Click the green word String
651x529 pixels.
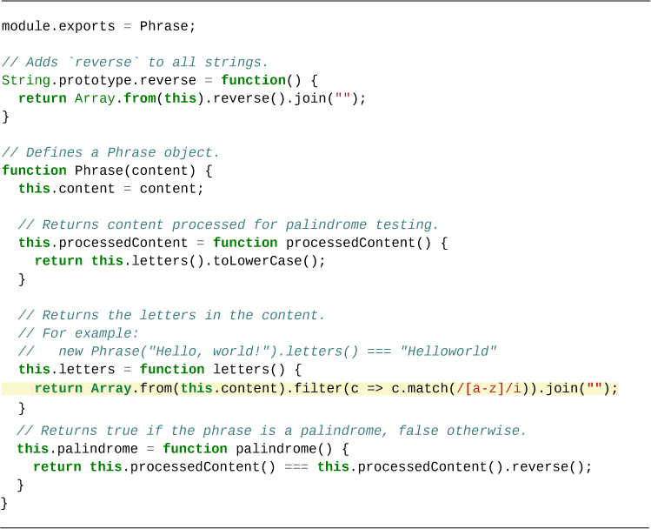point(26,80)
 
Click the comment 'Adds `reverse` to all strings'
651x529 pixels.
point(135,62)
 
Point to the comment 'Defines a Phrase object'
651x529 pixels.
point(110,152)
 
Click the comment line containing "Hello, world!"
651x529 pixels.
point(257,352)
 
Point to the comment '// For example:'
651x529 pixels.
point(78,333)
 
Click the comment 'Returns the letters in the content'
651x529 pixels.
point(171,315)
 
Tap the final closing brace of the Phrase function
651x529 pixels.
point(4,503)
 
